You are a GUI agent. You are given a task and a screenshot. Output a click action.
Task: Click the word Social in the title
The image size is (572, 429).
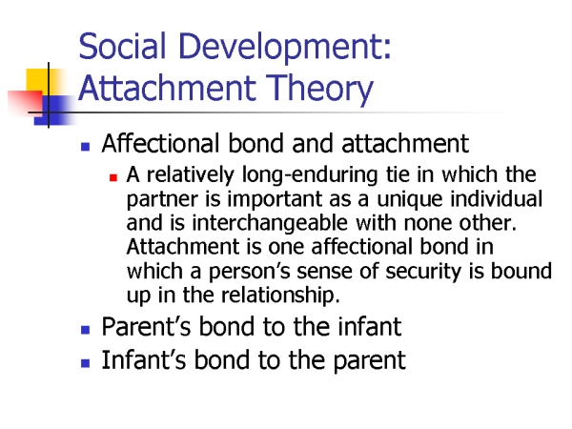122,46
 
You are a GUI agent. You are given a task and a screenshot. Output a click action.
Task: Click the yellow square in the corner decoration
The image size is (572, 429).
37,82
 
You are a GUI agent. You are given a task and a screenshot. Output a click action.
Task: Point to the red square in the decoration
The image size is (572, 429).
25,102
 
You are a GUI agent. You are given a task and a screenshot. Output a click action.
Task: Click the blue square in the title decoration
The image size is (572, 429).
54,111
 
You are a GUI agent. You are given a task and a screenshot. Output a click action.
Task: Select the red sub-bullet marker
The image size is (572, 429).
113,177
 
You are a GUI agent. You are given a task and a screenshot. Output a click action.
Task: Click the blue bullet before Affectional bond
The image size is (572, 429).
86,147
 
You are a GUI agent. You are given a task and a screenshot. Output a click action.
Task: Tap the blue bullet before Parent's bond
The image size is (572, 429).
86,330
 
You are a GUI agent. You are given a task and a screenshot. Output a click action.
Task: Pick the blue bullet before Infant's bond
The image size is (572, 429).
86,363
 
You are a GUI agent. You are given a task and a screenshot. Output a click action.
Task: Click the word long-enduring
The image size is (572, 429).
310,175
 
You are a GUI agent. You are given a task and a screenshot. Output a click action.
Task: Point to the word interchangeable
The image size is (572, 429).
270,224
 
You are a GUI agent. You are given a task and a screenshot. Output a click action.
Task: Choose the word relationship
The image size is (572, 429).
280,296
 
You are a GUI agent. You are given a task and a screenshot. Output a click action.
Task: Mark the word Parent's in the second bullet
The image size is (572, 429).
146,326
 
